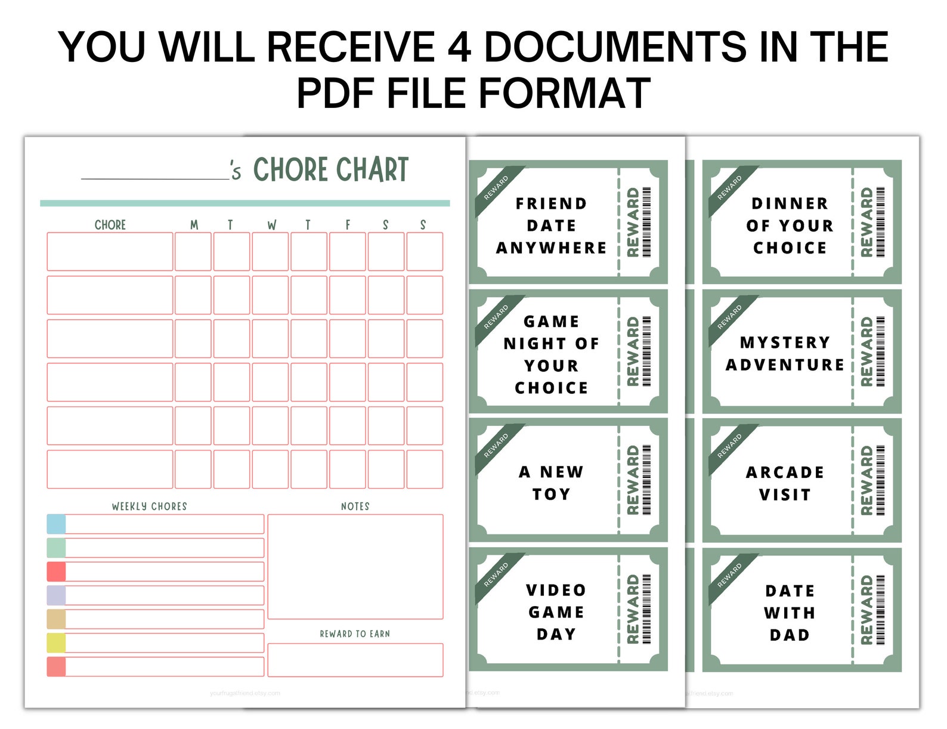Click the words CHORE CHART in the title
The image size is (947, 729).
(x=331, y=169)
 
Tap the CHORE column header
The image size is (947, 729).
(x=110, y=225)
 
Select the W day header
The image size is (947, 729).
(x=271, y=225)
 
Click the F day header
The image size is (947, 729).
(x=348, y=225)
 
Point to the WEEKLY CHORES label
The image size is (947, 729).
(x=149, y=506)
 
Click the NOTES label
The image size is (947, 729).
(x=355, y=506)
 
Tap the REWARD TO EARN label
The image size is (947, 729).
(x=355, y=634)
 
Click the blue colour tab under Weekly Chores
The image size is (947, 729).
(x=56, y=524)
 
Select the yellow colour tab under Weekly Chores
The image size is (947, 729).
(x=56, y=642)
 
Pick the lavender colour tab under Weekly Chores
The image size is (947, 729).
(x=56, y=595)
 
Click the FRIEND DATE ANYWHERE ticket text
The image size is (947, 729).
(x=551, y=226)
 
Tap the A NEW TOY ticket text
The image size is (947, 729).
(x=551, y=483)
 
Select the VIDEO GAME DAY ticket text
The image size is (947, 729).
(x=556, y=612)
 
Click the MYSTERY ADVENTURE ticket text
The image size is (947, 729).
(x=785, y=353)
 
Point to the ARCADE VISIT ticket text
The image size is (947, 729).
(x=785, y=483)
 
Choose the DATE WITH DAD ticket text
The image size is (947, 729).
(x=790, y=613)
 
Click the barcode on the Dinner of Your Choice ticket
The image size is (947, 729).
(x=881, y=222)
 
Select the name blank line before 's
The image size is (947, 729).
(x=155, y=177)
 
